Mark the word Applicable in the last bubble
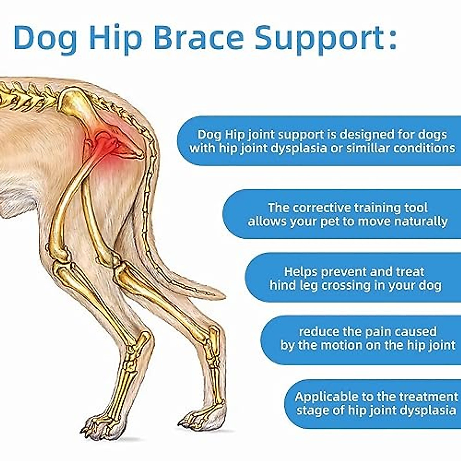[x=326, y=396]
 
